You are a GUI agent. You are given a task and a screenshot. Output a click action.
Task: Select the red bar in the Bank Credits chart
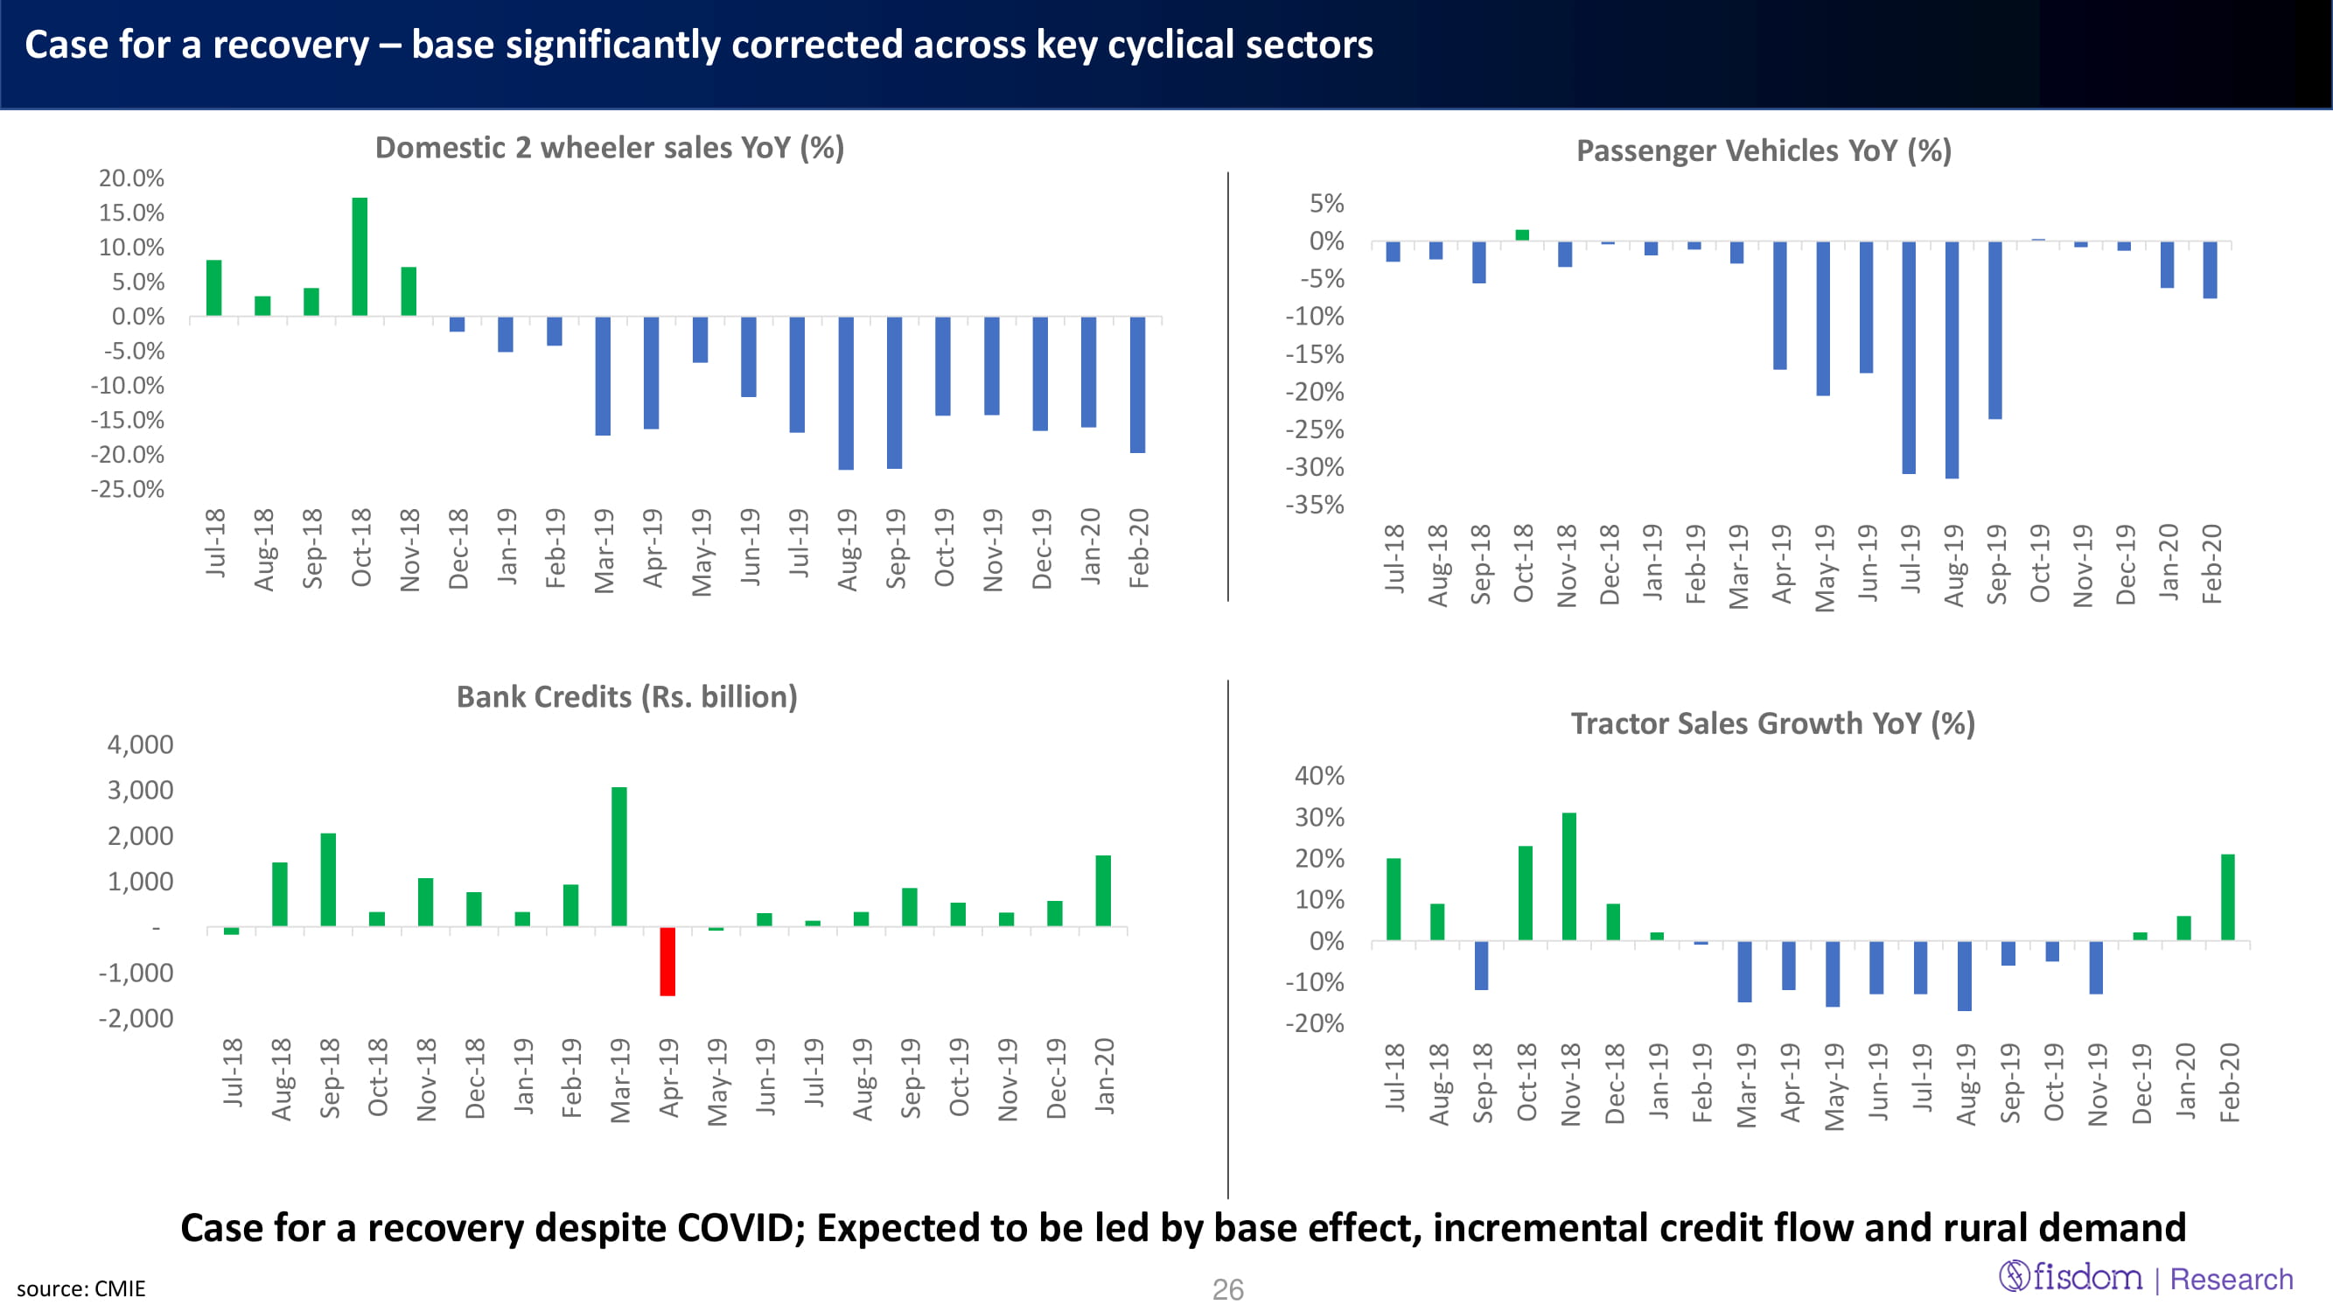tap(667, 960)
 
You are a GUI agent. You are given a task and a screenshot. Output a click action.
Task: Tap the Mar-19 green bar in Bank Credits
tap(619, 856)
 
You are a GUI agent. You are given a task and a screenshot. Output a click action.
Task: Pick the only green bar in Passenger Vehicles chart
tap(1522, 235)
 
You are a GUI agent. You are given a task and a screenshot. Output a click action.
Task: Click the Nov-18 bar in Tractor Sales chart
tap(1569, 876)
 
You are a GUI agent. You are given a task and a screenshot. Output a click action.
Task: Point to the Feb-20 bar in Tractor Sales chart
tap(2228, 897)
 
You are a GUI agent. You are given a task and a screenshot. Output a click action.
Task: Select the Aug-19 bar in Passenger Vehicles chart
tap(1952, 359)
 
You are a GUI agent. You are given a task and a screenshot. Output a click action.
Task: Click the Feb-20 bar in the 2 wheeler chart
tap(1137, 385)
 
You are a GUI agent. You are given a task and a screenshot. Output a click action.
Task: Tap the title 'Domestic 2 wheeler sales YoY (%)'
tap(610, 148)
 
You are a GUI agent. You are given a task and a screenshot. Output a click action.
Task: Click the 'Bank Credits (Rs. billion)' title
tap(626, 696)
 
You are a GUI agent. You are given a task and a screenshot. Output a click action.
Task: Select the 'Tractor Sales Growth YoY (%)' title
tap(1772, 723)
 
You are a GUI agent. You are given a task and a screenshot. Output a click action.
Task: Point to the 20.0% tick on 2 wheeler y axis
tap(131, 178)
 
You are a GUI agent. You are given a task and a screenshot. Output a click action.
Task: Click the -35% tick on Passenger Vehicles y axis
tap(1315, 505)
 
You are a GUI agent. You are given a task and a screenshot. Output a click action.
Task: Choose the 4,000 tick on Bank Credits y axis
tap(140, 744)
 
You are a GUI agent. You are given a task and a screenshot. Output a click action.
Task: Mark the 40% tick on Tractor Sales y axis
tap(1319, 775)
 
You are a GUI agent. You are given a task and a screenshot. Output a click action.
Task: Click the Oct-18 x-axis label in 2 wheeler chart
tap(361, 548)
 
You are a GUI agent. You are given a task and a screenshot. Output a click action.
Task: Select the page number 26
tap(1227, 1289)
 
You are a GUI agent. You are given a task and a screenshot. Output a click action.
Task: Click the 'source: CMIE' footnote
tap(80, 1288)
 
